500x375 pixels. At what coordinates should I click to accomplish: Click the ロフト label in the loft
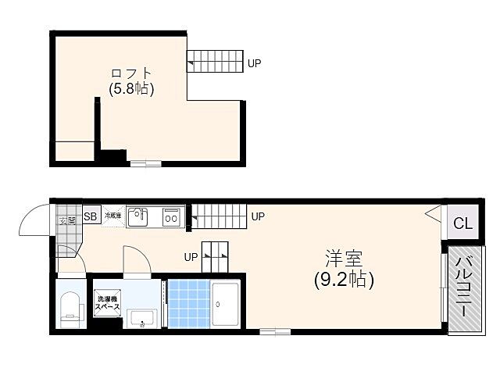point(130,73)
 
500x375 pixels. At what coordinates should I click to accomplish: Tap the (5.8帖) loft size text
point(130,89)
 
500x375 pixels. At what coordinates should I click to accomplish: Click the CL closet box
point(462,223)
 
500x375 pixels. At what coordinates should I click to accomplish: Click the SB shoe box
point(91,216)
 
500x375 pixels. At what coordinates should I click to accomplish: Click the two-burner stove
point(173,216)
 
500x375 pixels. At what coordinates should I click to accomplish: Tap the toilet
point(71,306)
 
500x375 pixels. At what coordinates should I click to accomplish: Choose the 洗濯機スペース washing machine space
point(107,303)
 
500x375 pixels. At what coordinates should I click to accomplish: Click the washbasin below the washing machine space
point(142,317)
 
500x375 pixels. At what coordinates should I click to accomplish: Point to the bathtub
point(227,303)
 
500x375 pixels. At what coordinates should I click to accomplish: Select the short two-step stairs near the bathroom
point(215,251)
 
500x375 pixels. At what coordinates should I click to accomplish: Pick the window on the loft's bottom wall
point(145,162)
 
